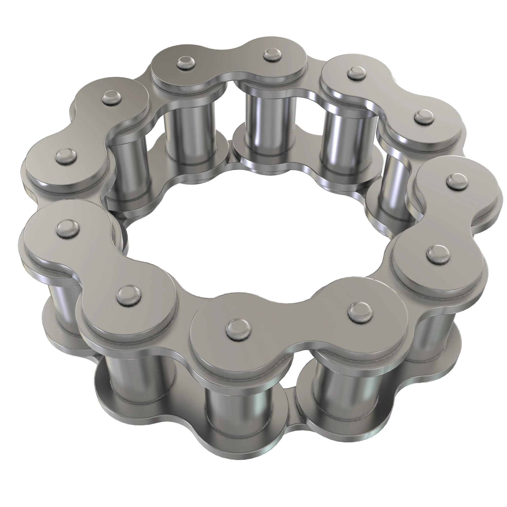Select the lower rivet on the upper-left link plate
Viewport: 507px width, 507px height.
point(66,157)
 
